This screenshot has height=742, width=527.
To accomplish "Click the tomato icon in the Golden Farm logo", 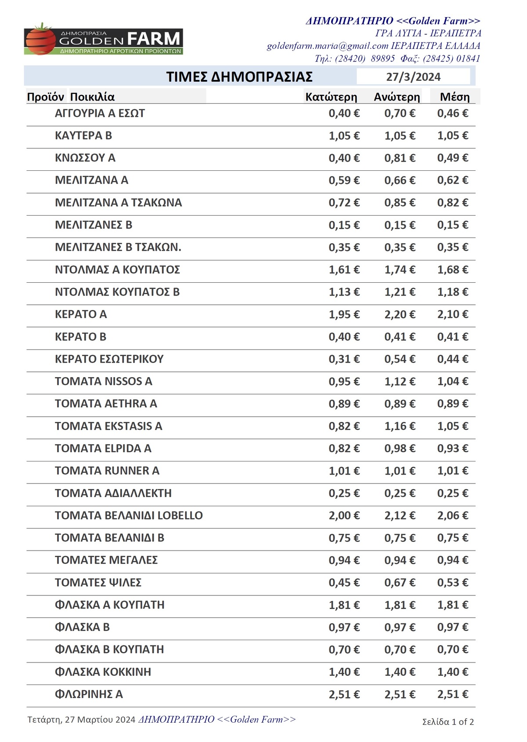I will pos(41,40).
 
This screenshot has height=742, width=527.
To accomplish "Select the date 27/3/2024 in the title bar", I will pos(413,77).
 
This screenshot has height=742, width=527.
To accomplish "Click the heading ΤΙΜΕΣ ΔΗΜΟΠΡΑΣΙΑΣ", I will pos(239,77).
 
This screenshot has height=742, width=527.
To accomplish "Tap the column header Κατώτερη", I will pos(331,97).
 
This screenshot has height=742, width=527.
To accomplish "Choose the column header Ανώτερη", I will pos(397,97).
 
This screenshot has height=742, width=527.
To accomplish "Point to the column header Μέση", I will pos(455,97).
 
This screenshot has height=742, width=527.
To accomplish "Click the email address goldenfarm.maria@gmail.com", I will pos(328,46).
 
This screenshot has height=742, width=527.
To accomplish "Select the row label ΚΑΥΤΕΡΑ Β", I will pos(83,136).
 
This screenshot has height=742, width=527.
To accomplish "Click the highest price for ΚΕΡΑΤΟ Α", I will pos(400,314).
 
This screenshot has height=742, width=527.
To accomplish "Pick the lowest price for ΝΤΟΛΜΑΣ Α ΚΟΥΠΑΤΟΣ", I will pos(344,270).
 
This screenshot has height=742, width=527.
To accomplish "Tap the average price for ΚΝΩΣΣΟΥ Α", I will pos(452,158).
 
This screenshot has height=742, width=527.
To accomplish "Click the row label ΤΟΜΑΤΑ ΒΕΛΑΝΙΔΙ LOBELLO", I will pos(129,515).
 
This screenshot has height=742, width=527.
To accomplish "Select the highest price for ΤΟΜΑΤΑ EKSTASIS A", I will pos(400,426).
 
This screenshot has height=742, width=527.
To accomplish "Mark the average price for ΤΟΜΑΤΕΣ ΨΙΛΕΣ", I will pos(452,583).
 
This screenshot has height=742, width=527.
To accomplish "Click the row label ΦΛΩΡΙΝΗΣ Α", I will pos(89,695).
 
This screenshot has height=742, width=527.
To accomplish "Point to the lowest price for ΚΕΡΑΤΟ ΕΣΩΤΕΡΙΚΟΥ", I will pos(344,359).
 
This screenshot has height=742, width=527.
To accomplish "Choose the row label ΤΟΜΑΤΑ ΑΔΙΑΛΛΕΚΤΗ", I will pos(113,493).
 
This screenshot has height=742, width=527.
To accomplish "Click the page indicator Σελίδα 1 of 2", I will pos(448,722).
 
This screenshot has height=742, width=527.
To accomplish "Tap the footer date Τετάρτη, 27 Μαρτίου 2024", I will pos(81,720).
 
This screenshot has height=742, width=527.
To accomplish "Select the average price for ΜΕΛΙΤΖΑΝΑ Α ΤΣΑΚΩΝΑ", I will pos(452,203).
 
